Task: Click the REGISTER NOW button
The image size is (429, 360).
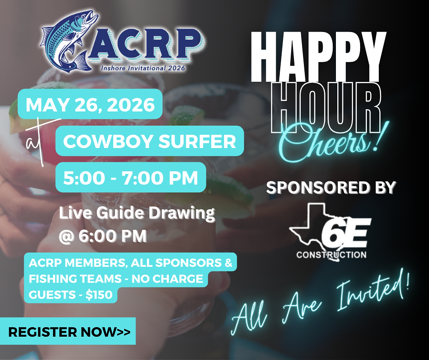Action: tap(68, 331)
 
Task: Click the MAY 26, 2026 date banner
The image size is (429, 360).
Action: tap(90, 104)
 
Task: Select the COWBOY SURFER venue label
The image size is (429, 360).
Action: tap(150, 141)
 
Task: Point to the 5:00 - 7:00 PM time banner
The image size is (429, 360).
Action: tap(131, 178)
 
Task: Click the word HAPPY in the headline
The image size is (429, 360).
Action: tap(319, 56)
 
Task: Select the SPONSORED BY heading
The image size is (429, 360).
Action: tap(331, 188)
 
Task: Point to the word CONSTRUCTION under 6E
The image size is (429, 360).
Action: tap(331, 255)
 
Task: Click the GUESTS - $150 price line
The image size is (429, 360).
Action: tap(71, 295)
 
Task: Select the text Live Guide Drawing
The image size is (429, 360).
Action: tap(137, 213)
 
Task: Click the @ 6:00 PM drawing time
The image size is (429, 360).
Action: tap(103, 236)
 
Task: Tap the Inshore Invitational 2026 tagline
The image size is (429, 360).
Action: tap(143, 68)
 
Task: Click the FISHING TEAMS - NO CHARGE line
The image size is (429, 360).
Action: tap(116, 279)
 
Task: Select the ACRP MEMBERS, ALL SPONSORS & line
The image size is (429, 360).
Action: tap(131, 263)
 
